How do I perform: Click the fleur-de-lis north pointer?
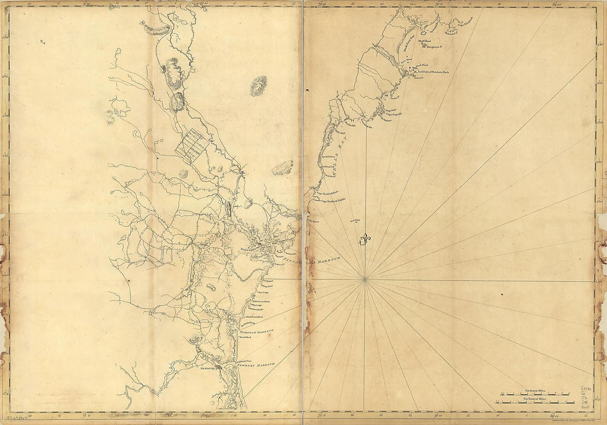pyautogui.click(x=365, y=239)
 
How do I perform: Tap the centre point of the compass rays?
pyautogui.click(x=365, y=281)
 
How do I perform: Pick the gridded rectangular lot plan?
pyautogui.click(x=191, y=144)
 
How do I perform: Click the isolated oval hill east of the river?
pyautogui.click(x=258, y=86)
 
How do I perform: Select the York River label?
pyautogui.click(x=313, y=220)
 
